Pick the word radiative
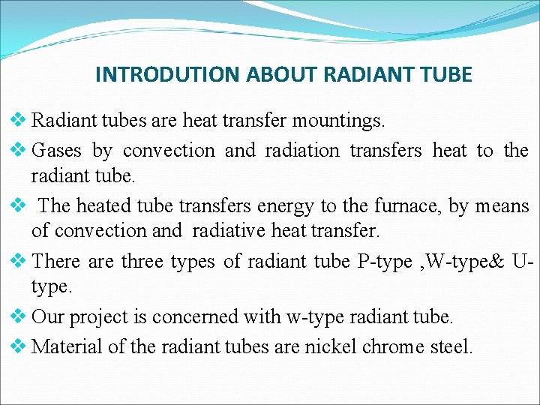229,231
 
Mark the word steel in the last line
449,346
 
